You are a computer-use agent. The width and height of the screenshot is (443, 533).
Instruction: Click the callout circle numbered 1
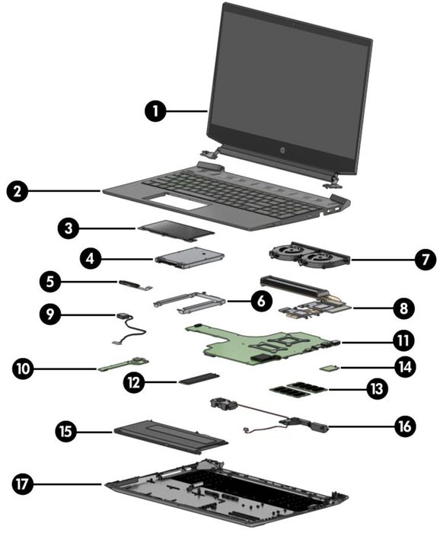click(x=155, y=111)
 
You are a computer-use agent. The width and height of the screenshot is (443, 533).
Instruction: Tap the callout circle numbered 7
click(x=425, y=260)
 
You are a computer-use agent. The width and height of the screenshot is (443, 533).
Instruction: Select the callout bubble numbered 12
click(x=134, y=383)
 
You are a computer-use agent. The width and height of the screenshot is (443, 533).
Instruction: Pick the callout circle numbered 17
click(x=22, y=484)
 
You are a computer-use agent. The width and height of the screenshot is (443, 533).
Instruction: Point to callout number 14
click(x=405, y=367)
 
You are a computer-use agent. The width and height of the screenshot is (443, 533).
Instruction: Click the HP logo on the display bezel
click(x=282, y=150)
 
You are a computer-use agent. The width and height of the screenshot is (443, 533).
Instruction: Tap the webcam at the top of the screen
click(x=295, y=24)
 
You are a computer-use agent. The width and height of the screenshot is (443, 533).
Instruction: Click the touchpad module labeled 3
click(x=176, y=230)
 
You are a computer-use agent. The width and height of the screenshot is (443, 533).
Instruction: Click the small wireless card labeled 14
click(x=329, y=368)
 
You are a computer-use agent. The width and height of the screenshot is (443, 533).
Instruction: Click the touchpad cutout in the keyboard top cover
click(x=177, y=203)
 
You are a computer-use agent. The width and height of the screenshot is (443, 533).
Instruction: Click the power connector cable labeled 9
click(x=130, y=329)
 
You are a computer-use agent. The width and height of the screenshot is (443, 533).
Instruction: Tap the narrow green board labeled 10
click(x=123, y=364)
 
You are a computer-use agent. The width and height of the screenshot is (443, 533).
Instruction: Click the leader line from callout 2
click(x=64, y=191)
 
